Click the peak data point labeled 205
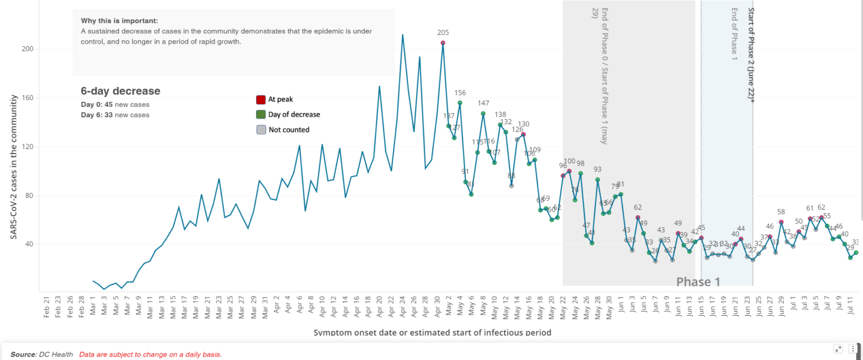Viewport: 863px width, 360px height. tap(443, 43)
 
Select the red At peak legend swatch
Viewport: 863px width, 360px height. tap(261, 99)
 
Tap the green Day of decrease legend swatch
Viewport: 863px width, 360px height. tap(261, 114)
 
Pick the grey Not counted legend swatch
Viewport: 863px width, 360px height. tap(261, 130)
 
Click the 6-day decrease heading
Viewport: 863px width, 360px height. tap(120, 91)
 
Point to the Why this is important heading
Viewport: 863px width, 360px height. tap(119, 21)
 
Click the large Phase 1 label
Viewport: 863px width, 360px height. tap(698, 282)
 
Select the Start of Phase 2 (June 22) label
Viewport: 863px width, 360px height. tap(750, 55)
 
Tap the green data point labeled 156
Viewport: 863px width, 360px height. tap(460, 103)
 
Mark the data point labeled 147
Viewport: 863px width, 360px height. tap(483, 113)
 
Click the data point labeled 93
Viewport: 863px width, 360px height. tap(598, 179)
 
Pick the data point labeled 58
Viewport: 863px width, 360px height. tap(781, 222)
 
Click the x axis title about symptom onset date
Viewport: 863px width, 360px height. tap(432, 332)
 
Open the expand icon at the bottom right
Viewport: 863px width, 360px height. tap(838, 348)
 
